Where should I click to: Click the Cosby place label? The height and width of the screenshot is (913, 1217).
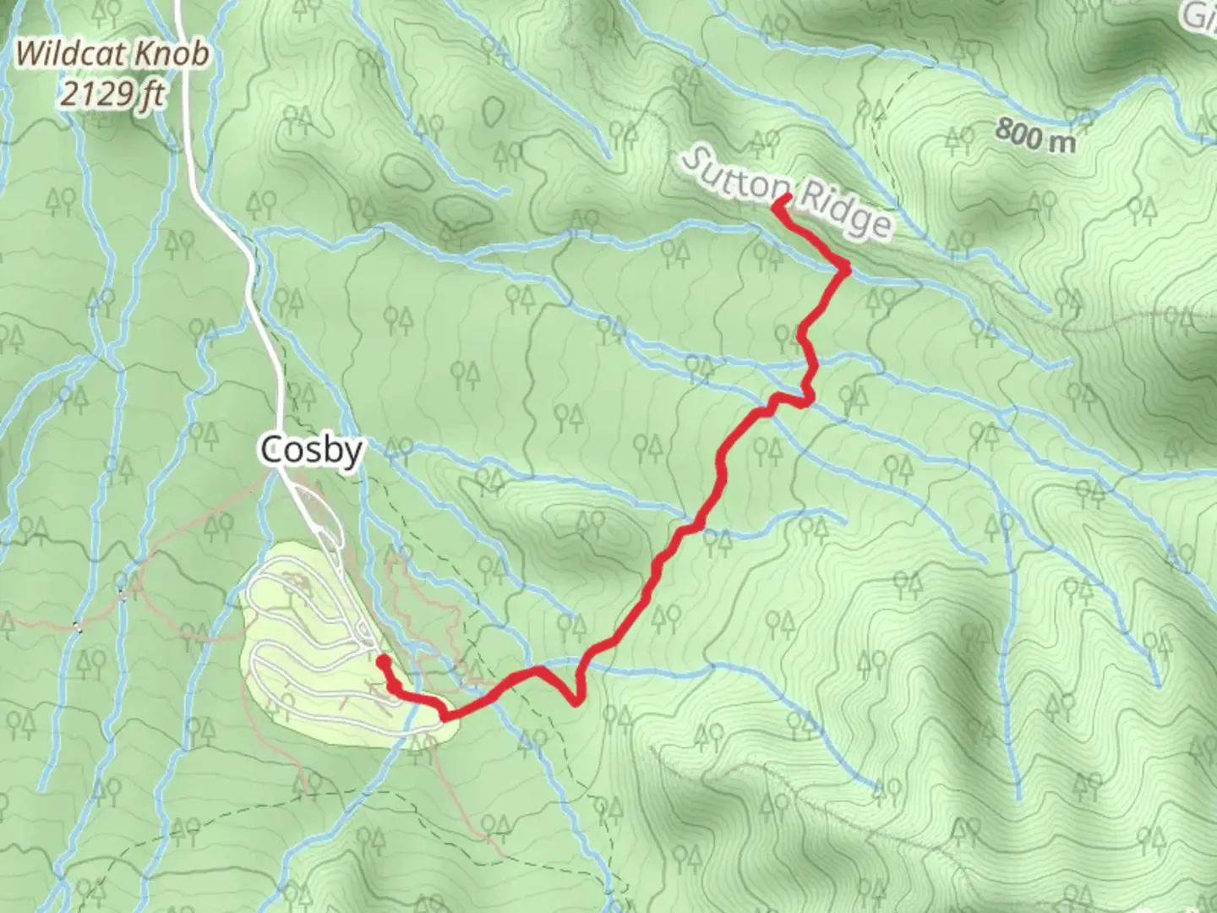click(312, 451)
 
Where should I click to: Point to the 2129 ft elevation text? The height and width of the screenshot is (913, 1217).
click(112, 92)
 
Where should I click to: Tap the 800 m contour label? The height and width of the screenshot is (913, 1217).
click(1035, 135)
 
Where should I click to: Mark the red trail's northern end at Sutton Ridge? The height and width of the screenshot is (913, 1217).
click(785, 199)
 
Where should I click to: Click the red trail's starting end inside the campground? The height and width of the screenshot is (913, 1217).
click(383, 659)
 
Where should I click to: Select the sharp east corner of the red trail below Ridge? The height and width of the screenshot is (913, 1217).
click(844, 269)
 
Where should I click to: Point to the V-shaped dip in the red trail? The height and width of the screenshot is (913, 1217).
click(574, 700)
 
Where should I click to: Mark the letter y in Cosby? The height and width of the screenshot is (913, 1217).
click(353, 454)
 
